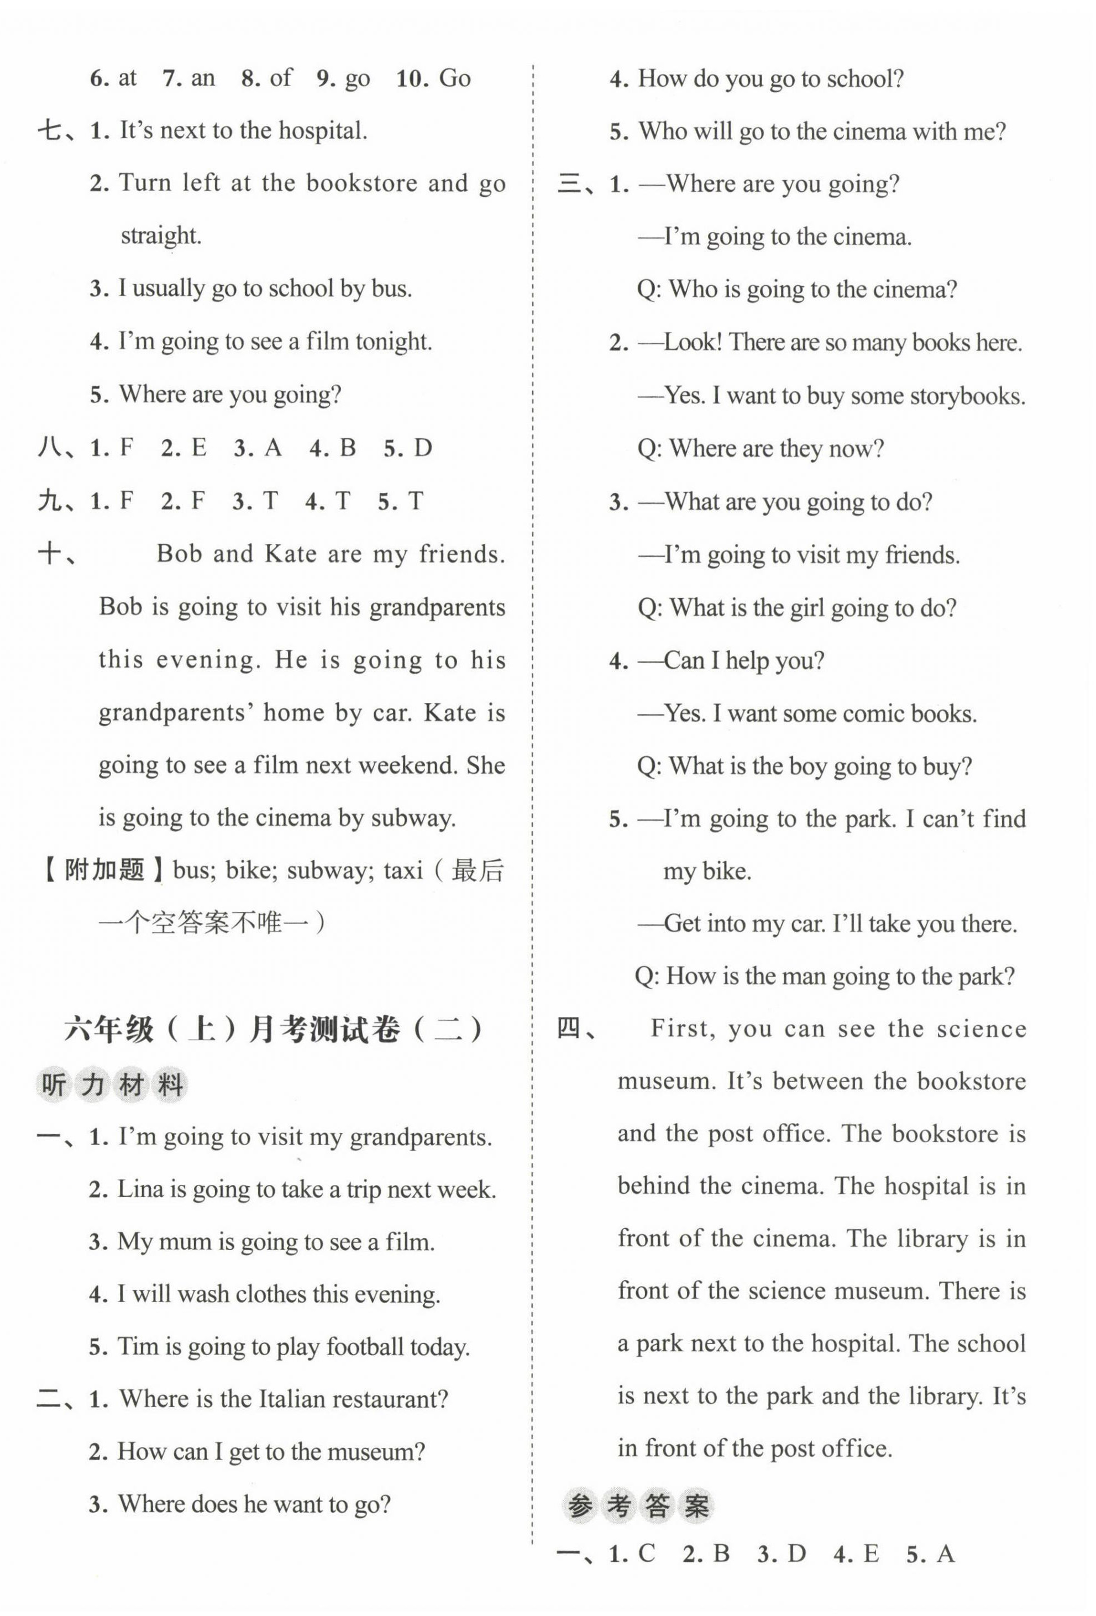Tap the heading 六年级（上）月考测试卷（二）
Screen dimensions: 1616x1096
273,1030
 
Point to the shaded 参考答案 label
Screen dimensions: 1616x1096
638,1507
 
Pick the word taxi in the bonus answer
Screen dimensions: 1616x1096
403,870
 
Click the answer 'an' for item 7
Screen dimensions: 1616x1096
202,78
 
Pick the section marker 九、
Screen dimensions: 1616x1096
57,501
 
